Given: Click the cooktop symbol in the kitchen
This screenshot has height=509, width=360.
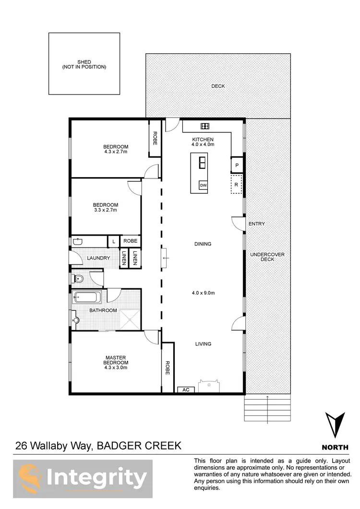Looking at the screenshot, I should pos(204,126).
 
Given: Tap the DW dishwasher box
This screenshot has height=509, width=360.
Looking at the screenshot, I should pos(203,186).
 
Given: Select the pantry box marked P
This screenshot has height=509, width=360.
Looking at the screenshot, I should pos(236,166).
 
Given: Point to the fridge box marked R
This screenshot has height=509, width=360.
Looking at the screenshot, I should pos(236,184).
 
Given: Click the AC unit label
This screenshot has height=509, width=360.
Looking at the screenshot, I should pos(186,390).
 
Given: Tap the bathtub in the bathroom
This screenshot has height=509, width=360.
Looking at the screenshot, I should pos(87,298).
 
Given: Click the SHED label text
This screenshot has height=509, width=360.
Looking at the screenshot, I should pos(84,64).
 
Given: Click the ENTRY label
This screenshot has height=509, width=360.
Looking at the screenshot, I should pos(256,224).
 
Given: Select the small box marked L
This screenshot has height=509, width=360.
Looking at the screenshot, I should pos(113,241).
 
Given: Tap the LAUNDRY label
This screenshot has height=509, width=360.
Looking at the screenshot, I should pos(98,258).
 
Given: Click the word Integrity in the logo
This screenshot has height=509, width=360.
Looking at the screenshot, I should pos(97,478).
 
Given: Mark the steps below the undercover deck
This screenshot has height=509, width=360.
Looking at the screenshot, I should pos(268,408).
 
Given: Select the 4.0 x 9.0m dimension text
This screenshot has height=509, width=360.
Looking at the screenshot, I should pos(203,293).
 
